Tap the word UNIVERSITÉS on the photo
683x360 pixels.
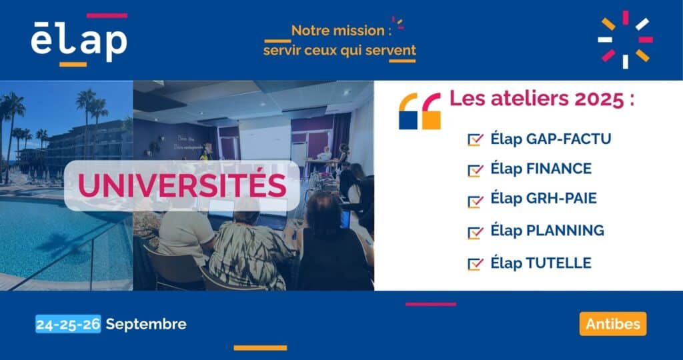[x=182, y=186]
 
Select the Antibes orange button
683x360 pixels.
[x=613, y=324]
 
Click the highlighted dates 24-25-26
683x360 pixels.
[x=69, y=324]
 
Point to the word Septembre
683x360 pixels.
[x=146, y=324]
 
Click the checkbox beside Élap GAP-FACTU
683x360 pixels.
[x=475, y=140]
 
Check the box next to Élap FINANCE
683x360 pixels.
[x=475, y=170]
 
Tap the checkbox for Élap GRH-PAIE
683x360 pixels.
[x=475, y=201]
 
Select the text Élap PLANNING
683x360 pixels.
[x=547, y=230]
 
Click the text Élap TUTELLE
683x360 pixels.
[x=540, y=263]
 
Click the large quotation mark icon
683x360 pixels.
[x=420, y=111]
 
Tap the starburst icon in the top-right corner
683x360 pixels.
[x=625, y=39]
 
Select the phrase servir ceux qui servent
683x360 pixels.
[x=339, y=51]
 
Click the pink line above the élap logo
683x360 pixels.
[x=107, y=16]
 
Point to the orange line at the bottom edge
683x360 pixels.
[x=260, y=348]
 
